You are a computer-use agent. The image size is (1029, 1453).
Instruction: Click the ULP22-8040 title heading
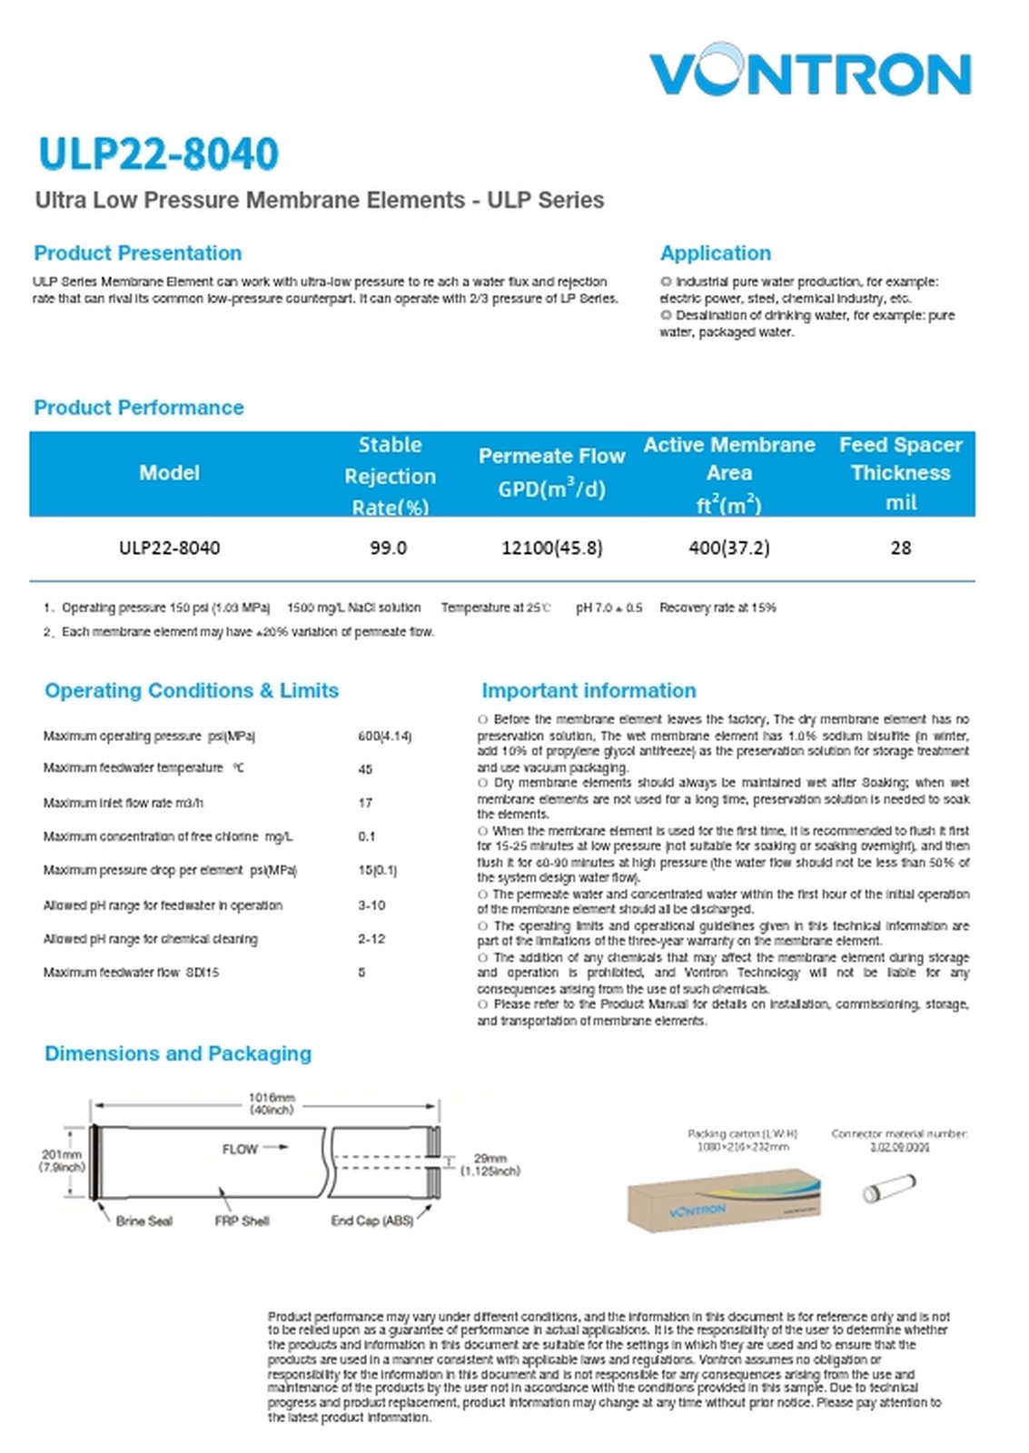point(158,153)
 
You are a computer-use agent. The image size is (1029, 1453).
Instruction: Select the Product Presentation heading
point(138,253)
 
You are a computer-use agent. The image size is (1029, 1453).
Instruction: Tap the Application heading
point(715,253)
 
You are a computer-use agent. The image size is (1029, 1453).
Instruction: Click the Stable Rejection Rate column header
point(390,475)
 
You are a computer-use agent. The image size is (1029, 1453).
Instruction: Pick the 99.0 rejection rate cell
point(389,548)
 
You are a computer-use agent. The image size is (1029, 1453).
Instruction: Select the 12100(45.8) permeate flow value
point(551,548)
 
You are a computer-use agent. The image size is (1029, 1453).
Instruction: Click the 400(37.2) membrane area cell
point(728,548)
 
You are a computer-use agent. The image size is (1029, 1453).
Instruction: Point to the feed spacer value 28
point(900,548)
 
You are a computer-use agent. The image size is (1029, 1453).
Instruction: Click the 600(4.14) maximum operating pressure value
point(384,736)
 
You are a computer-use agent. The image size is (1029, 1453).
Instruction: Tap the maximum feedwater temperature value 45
point(365,769)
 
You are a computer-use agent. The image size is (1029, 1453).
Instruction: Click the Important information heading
point(589,691)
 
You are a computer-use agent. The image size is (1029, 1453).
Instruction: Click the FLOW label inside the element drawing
point(241,1149)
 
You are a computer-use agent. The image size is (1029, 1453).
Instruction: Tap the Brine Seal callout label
point(143,1221)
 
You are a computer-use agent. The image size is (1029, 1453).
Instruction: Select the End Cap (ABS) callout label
point(371,1221)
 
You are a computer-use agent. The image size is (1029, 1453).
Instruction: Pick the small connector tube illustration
point(888,1187)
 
